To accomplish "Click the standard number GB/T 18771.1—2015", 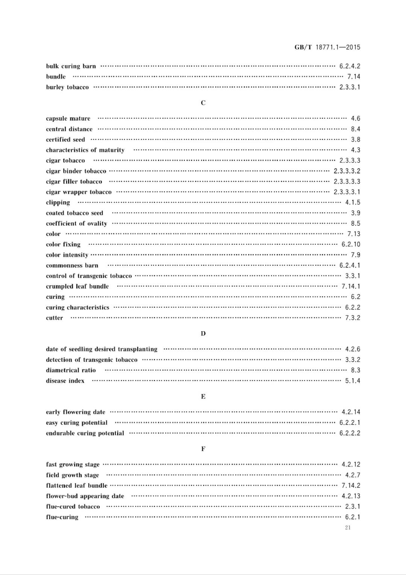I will tap(327, 47).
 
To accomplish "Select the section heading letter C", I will tap(203, 103).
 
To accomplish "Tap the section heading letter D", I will tap(203, 333).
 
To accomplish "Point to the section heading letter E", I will tap(203, 397).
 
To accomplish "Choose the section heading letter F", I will tap(203, 449).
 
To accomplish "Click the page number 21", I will tap(348, 528).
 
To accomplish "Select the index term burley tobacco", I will tap(67, 87).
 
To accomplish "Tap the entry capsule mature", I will tap(68, 119).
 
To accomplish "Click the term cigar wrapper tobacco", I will tap(79, 192).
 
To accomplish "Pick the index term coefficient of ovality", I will tap(76, 224).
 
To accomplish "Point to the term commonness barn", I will tap(72, 266).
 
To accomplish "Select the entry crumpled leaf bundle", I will tap(77, 286).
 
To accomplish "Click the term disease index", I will tap(65, 381).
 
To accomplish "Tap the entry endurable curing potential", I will tap(85, 433).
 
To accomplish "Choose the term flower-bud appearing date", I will tap(85, 496).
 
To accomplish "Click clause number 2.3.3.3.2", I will tap(347, 171).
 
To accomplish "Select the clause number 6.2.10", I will tap(351, 245).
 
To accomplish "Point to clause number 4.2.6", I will tap(353, 349).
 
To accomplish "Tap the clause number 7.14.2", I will tap(351, 486).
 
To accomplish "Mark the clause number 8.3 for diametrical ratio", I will tap(355, 370).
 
